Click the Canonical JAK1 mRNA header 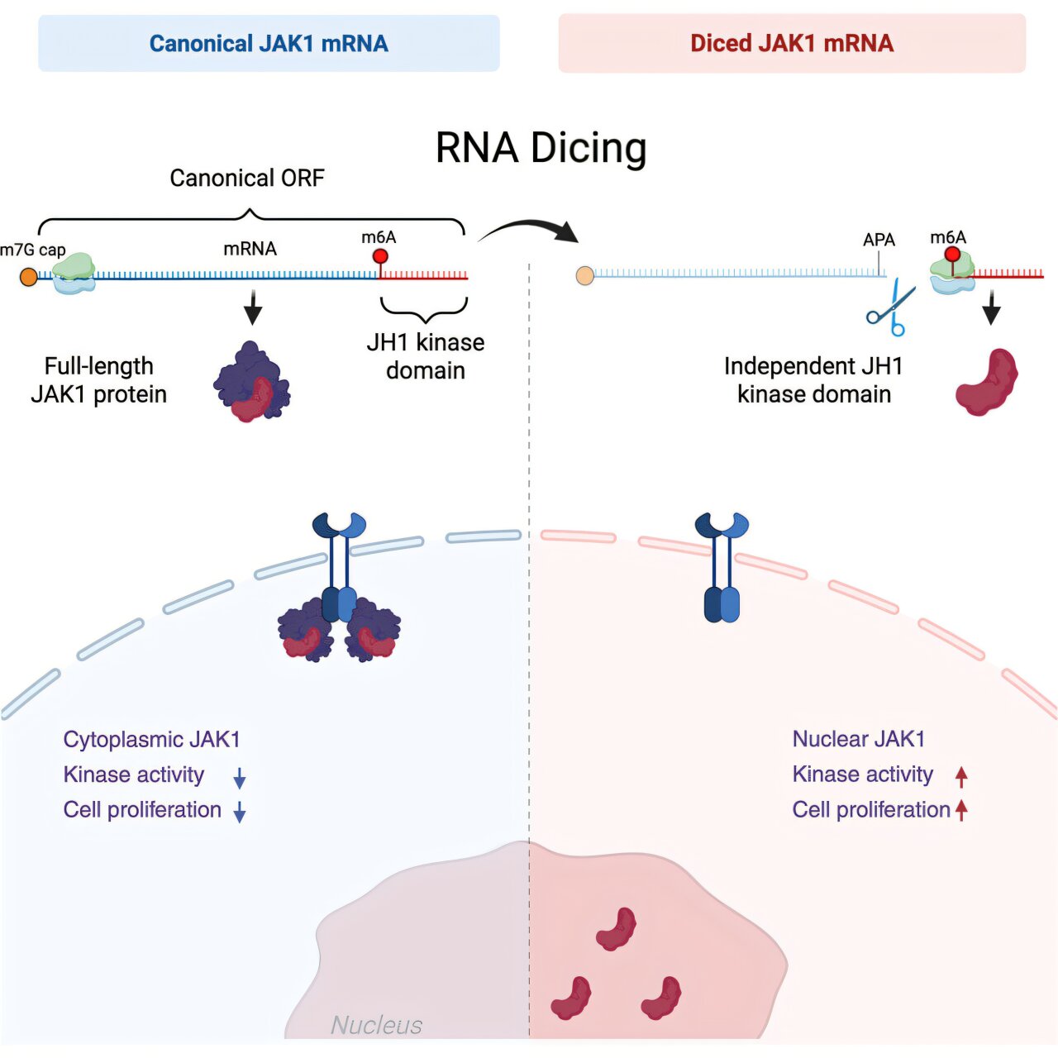(269, 43)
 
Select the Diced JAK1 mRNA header (792, 43)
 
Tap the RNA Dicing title (541, 148)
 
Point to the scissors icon (890, 308)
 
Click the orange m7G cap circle (29, 277)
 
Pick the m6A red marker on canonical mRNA (380, 257)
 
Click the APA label (879, 240)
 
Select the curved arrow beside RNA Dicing (529, 231)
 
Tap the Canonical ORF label (246, 178)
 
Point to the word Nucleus (376, 1025)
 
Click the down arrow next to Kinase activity (240, 778)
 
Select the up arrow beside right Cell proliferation (961, 810)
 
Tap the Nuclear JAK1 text (858, 739)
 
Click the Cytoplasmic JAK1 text (151, 740)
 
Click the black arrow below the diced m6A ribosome (991, 311)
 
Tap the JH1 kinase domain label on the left (425, 356)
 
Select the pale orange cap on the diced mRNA (585, 274)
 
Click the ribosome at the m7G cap (74, 273)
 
